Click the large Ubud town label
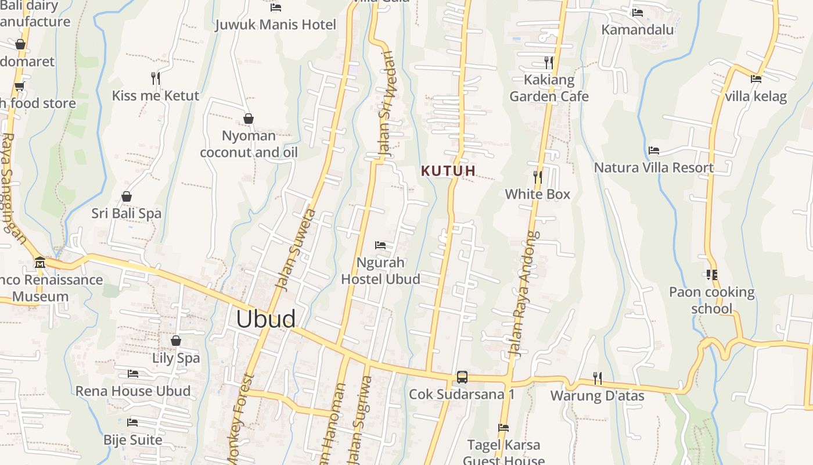266,319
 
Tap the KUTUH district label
448,171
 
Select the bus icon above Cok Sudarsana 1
462,377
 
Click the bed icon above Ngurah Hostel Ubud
380,245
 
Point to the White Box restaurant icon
538,177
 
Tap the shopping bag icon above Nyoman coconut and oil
249,119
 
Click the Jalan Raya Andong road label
524,294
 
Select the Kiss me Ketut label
156,96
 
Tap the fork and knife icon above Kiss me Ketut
155,78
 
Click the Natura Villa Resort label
654,168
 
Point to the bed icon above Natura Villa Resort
654,151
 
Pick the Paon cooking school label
712,300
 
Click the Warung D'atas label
597,396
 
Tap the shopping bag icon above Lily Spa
176,341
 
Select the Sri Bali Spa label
127,214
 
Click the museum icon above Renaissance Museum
39,262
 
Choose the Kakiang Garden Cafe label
549,88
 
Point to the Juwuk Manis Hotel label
276,25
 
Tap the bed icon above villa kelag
756,78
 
